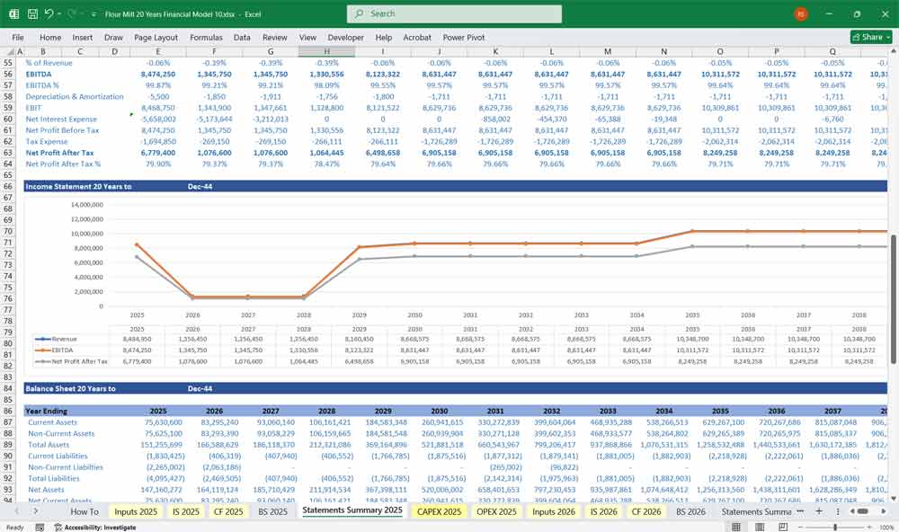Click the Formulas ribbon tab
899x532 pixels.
[x=206, y=38]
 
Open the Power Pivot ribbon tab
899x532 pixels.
[x=464, y=38]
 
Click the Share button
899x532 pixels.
[x=868, y=37]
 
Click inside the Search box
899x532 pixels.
[x=454, y=13]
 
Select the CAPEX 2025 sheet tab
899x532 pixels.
[x=440, y=511]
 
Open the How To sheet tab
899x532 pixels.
[x=85, y=511]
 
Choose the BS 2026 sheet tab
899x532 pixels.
[x=690, y=511]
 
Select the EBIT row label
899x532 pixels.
[x=35, y=107]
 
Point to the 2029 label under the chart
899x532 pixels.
[x=359, y=315]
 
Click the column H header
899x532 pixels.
[x=326, y=51]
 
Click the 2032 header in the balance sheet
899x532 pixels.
[x=553, y=410]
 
